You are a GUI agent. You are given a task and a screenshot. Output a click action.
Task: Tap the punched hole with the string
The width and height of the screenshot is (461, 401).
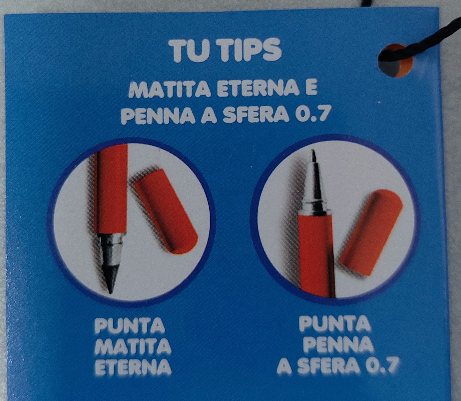tap(395, 61)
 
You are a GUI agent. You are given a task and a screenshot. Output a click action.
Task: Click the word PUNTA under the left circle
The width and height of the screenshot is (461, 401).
tap(129, 327)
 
